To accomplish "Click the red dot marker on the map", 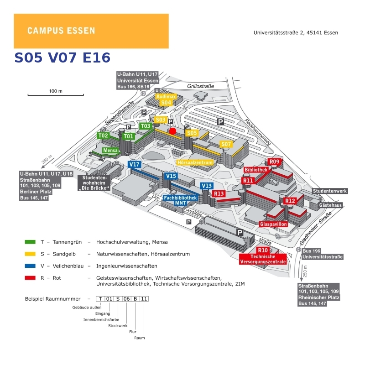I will (x=172, y=131).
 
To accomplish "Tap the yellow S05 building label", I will (x=192, y=133).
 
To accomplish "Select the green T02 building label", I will (x=103, y=136).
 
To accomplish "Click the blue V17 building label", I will (x=134, y=165).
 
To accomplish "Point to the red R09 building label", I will (x=274, y=162).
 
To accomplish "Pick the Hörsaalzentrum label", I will (x=195, y=162).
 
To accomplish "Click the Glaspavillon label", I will (x=273, y=224).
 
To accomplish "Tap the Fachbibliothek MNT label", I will (x=180, y=200).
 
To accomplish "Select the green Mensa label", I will (x=110, y=150).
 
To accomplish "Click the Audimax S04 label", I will (x=166, y=100).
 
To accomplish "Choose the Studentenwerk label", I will (x=330, y=191).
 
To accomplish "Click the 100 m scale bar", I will (x=55, y=95).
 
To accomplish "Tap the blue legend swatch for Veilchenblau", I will (x=30, y=266).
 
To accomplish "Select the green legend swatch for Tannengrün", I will (x=30, y=242).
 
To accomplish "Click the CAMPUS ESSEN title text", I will (x=61, y=31).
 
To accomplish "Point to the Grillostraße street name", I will (x=201, y=86).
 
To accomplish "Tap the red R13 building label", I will (x=219, y=193).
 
